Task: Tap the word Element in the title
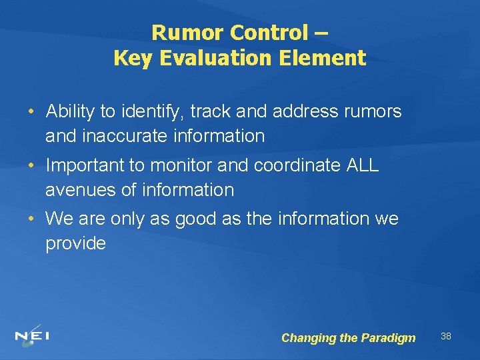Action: click(326, 58)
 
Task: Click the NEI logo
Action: click(32, 336)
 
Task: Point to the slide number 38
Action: click(446, 336)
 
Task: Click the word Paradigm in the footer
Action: click(388, 338)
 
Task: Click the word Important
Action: click(85, 165)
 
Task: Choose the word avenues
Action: click(79, 190)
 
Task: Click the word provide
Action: click(75, 243)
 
